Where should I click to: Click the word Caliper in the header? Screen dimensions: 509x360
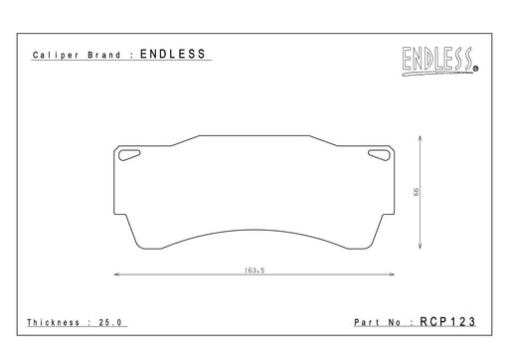click(56, 55)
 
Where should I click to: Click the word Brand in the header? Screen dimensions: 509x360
click(104, 55)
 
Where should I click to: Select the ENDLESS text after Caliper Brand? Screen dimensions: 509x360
click(173, 54)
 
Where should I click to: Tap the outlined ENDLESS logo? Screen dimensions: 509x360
click(437, 59)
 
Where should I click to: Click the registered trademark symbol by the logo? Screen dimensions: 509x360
click(475, 69)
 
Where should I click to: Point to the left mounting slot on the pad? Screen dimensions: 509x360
click(129, 155)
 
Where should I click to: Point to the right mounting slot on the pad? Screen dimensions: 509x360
click(379, 155)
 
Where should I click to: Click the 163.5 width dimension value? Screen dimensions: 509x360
click(254, 270)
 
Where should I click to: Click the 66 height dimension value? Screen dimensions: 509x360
click(416, 192)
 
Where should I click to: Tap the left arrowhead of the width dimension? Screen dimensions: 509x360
click(116, 274)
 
